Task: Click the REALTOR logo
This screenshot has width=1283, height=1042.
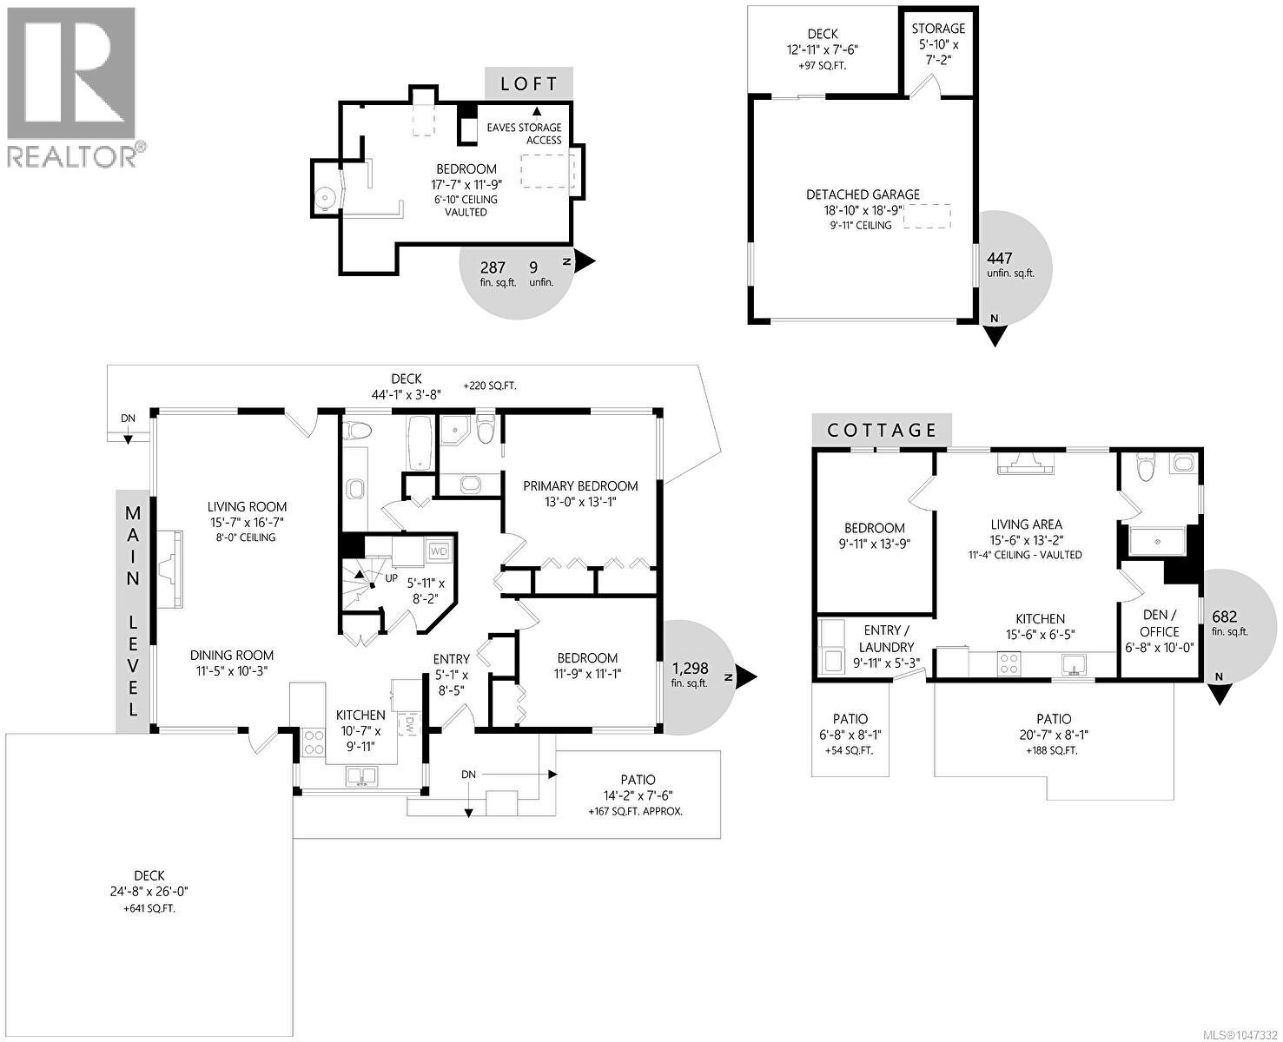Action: coord(76,88)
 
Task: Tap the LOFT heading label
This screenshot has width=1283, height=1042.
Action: coord(529,83)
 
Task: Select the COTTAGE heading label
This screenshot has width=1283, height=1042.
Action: coord(882,430)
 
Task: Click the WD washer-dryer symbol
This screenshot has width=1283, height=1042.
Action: coord(438,551)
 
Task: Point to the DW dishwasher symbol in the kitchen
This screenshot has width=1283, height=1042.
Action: coord(410,726)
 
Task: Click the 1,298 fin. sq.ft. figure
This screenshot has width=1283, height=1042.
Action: coord(691,675)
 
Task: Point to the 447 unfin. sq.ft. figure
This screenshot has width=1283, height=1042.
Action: coord(1010,265)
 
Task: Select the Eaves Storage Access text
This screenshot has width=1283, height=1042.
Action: coord(524,134)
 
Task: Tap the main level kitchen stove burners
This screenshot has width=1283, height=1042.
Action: coord(314,742)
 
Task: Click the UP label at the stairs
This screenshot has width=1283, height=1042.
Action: coord(391,577)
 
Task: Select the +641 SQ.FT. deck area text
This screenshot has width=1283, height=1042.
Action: coord(149,908)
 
